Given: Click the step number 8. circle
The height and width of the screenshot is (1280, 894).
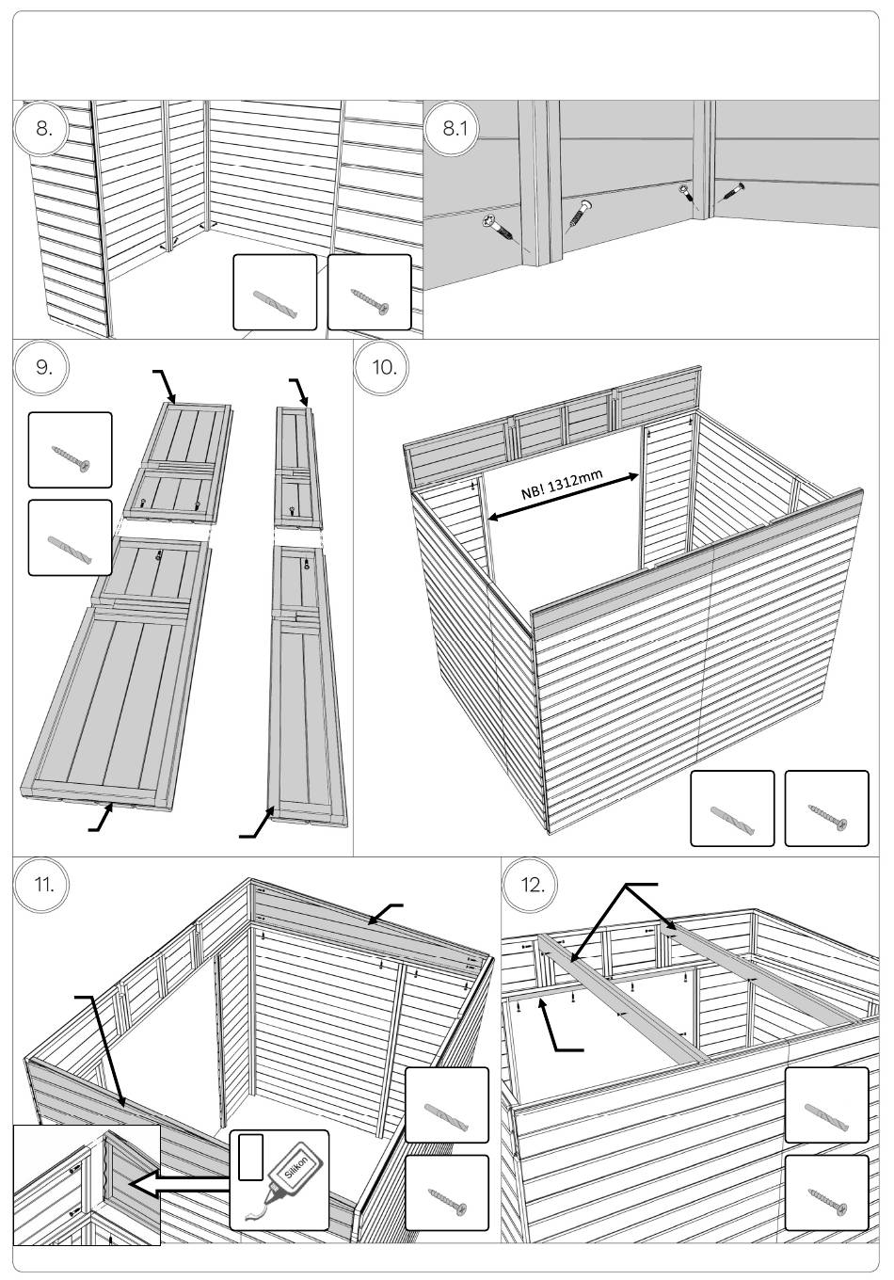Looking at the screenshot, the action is [44, 129].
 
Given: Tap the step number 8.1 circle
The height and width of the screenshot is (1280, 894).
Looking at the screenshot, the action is [455, 129].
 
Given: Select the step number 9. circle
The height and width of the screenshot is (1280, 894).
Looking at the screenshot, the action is [44, 367].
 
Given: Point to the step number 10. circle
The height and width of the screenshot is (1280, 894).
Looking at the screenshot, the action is [384, 367].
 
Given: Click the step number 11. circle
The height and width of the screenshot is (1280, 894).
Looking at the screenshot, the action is [44, 886].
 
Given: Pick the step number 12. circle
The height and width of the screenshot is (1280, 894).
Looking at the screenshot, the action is [533, 886].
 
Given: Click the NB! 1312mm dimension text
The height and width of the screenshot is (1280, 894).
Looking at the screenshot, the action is [562, 490].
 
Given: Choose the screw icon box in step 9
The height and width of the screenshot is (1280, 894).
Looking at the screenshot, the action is [70, 454].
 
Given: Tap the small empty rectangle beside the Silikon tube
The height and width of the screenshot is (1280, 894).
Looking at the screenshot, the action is [248, 1157].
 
